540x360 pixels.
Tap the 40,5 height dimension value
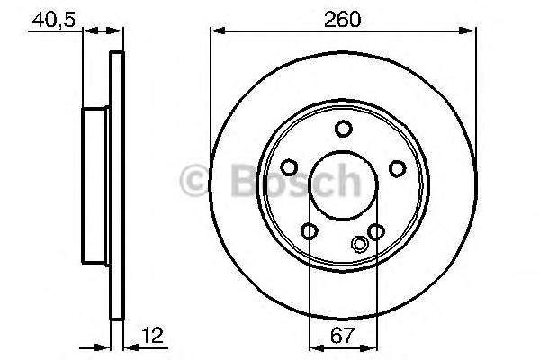coord(52,18)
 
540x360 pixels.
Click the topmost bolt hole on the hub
coord(343,129)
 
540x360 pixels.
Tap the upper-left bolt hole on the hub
coord(289,168)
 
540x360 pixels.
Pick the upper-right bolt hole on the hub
coord(397,168)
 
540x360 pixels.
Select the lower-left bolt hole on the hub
coord(310,232)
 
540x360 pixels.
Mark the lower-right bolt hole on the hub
coord(376,232)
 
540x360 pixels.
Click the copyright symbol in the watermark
coord(194,178)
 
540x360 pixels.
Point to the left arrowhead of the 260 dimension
coord(215,31)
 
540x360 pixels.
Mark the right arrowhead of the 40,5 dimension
coord(115,31)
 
